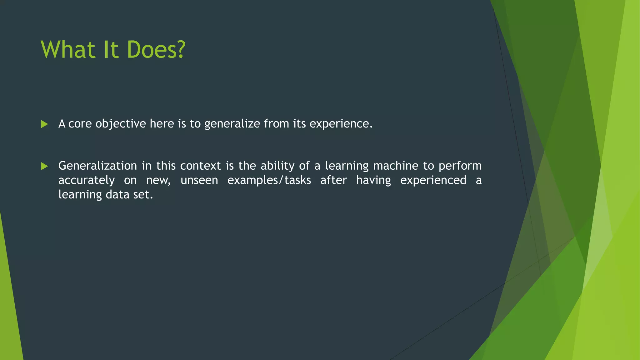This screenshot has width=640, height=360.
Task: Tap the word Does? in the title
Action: [156, 50]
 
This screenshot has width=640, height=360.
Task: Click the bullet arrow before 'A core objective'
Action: [44, 124]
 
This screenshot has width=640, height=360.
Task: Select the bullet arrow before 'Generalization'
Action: [44, 166]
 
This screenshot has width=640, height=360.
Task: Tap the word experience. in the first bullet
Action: [341, 124]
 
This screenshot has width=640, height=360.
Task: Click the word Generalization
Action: [97, 166]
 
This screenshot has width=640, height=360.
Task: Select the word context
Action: [200, 166]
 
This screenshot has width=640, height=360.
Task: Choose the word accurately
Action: [87, 180]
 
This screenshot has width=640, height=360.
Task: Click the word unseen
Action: [199, 180]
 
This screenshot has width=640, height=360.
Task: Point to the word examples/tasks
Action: [269, 180]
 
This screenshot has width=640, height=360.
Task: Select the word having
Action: [373, 180]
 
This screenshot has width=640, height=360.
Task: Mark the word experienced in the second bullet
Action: [433, 180]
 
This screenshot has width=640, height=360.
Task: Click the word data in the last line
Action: [117, 195]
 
